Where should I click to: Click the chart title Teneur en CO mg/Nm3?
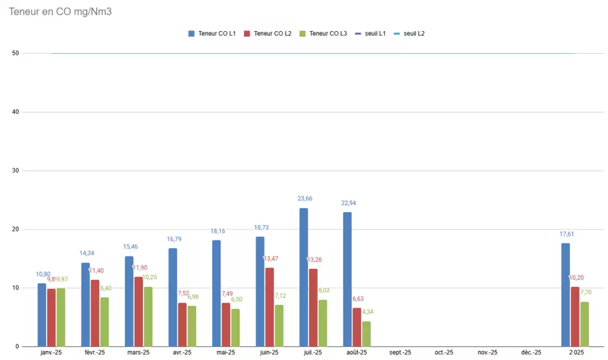point(60,11)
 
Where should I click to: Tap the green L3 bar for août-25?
point(366,334)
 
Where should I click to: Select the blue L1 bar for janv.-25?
point(42,315)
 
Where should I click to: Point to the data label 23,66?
point(305,198)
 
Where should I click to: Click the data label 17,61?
point(567,234)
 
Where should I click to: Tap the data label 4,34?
point(368,312)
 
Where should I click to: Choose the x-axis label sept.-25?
point(400,353)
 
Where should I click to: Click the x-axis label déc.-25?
point(531,353)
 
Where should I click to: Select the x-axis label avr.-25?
point(182,353)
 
